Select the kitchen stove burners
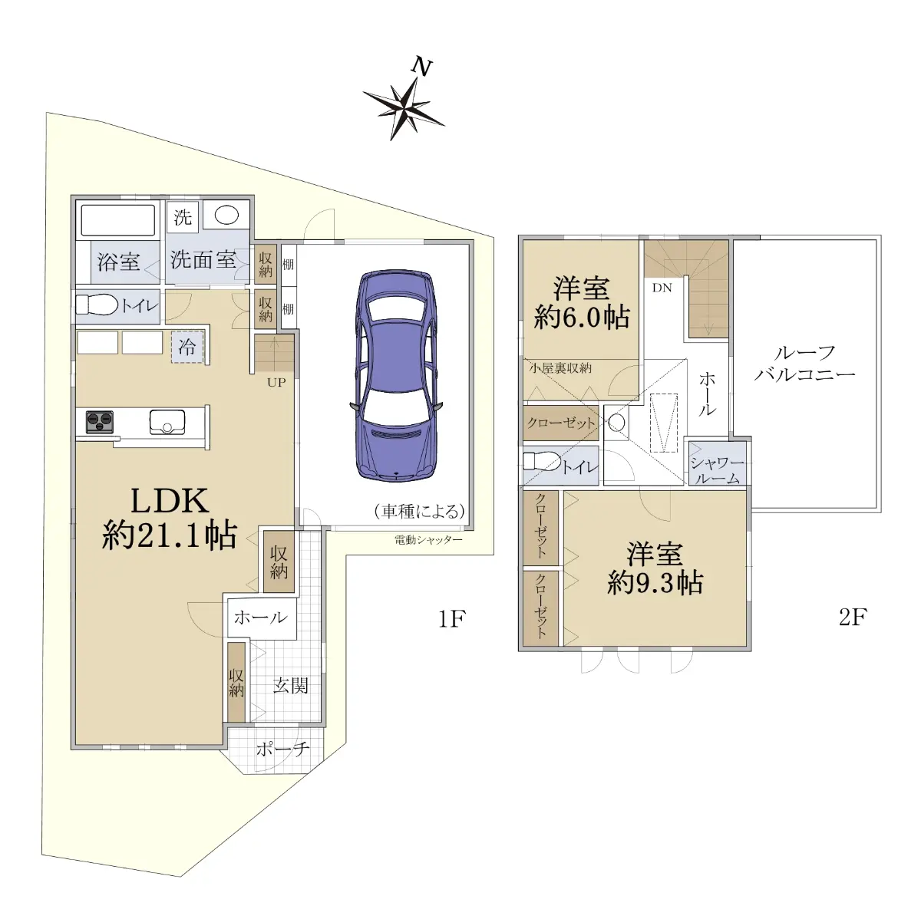point(100,423)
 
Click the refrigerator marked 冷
point(187,347)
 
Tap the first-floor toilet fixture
point(97,305)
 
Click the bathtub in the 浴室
point(118,220)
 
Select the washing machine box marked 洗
point(183,217)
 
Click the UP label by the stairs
point(276,382)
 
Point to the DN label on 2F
point(662,288)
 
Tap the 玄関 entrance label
point(291,686)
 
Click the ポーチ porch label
point(283,749)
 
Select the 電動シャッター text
point(428,540)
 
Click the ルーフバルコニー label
point(805,363)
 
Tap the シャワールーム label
point(717,470)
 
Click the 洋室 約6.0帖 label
point(582,302)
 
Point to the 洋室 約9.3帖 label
point(655,568)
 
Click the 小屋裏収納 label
point(560,368)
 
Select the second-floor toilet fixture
point(542,462)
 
